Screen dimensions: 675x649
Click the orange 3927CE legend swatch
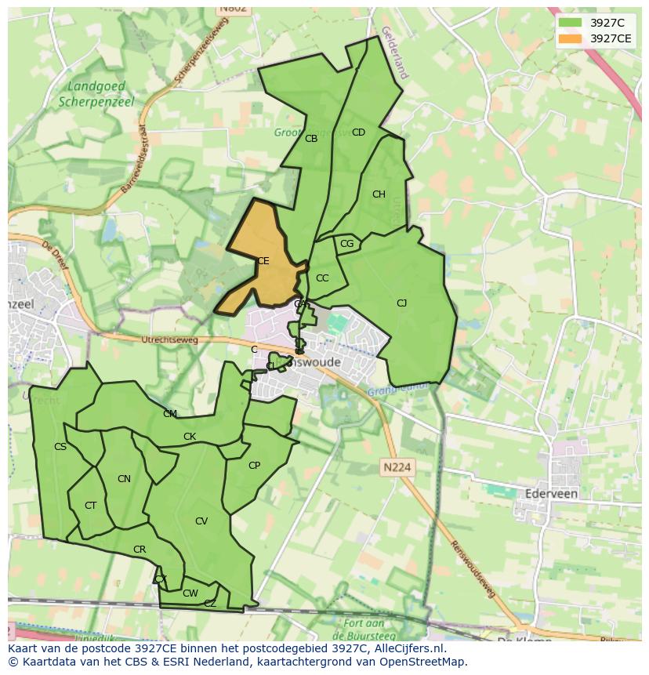[x=571, y=38]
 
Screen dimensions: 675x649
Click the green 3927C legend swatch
[x=571, y=23]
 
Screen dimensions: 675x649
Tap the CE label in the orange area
[x=263, y=261]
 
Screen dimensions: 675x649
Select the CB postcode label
[x=311, y=139]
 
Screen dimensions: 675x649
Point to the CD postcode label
[x=358, y=132]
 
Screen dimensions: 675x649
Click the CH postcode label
[x=379, y=194]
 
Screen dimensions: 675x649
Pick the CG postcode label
[x=347, y=244]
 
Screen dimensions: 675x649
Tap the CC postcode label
[x=322, y=278]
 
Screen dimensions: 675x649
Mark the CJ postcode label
[x=401, y=303]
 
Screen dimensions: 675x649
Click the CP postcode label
[x=254, y=466]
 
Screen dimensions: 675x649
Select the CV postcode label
[x=201, y=521]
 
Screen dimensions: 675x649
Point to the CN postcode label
[x=124, y=479]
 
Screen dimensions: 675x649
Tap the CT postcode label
[x=90, y=506]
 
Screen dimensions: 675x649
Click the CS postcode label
[x=60, y=447]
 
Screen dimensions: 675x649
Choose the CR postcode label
[x=140, y=550]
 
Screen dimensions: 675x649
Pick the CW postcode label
[x=190, y=593]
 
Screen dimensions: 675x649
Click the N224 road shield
[x=397, y=467]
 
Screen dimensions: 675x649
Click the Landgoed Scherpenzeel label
[x=96, y=94]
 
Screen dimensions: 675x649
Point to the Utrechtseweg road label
[x=169, y=339]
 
